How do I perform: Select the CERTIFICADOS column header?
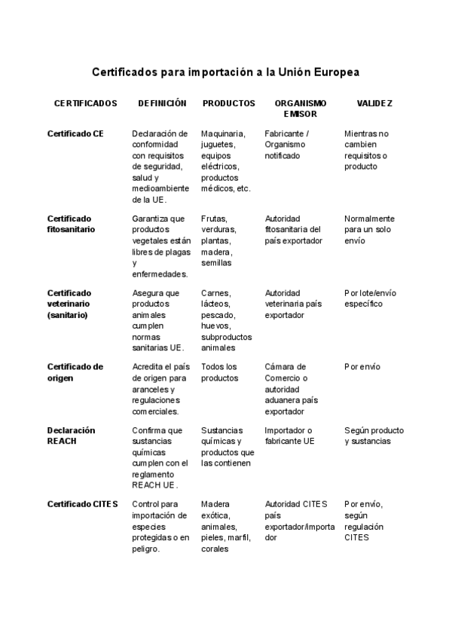(86, 103)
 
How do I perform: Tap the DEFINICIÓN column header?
(161, 103)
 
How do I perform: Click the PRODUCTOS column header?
(229, 103)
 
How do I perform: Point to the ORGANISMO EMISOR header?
(301, 109)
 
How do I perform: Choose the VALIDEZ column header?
(374, 103)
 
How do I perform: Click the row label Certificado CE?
(75, 133)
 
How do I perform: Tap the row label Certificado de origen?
(75, 372)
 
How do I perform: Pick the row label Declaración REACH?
(72, 436)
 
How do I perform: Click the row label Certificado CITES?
(83, 504)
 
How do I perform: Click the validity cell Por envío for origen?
(362, 367)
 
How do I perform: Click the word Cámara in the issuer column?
(280, 367)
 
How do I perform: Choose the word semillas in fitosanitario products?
(217, 264)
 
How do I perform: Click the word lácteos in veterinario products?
(216, 304)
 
